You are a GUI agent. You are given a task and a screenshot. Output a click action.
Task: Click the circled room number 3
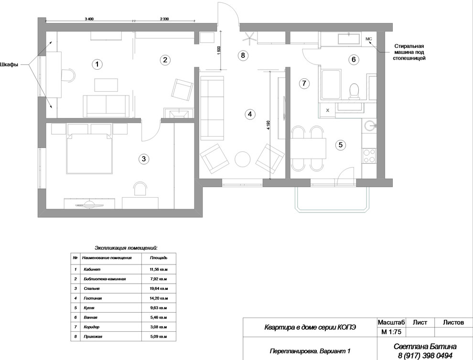[x=144, y=159]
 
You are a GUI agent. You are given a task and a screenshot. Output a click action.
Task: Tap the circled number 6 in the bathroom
[x=354, y=59]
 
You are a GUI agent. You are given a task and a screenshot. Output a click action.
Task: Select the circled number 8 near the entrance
[x=243, y=55]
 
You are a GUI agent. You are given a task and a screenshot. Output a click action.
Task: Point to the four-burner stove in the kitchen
[x=369, y=156]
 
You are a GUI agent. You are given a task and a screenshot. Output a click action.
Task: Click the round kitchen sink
[x=369, y=125]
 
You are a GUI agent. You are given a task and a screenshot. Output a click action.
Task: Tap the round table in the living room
[x=242, y=159]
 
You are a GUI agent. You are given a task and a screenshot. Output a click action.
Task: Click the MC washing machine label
[x=369, y=39]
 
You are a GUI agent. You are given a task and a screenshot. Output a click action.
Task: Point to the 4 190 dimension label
[x=268, y=125]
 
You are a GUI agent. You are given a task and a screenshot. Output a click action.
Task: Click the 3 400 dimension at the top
[x=89, y=19]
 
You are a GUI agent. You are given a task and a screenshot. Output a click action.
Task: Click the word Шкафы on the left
[x=9, y=64]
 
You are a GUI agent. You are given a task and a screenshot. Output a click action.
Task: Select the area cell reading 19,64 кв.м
[x=159, y=288]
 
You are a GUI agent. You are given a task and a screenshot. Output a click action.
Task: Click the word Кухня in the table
[x=89, y=308]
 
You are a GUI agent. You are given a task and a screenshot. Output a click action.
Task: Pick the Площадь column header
[x=159, y=258]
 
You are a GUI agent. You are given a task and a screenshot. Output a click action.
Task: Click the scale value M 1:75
[x=391, y=332]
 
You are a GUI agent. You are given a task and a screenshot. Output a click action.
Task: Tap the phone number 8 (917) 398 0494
[x=425, y=356]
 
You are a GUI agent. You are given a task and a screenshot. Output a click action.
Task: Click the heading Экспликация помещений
[x=126, y=248]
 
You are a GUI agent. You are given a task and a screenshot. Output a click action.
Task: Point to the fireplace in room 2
[x=179, y=114]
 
